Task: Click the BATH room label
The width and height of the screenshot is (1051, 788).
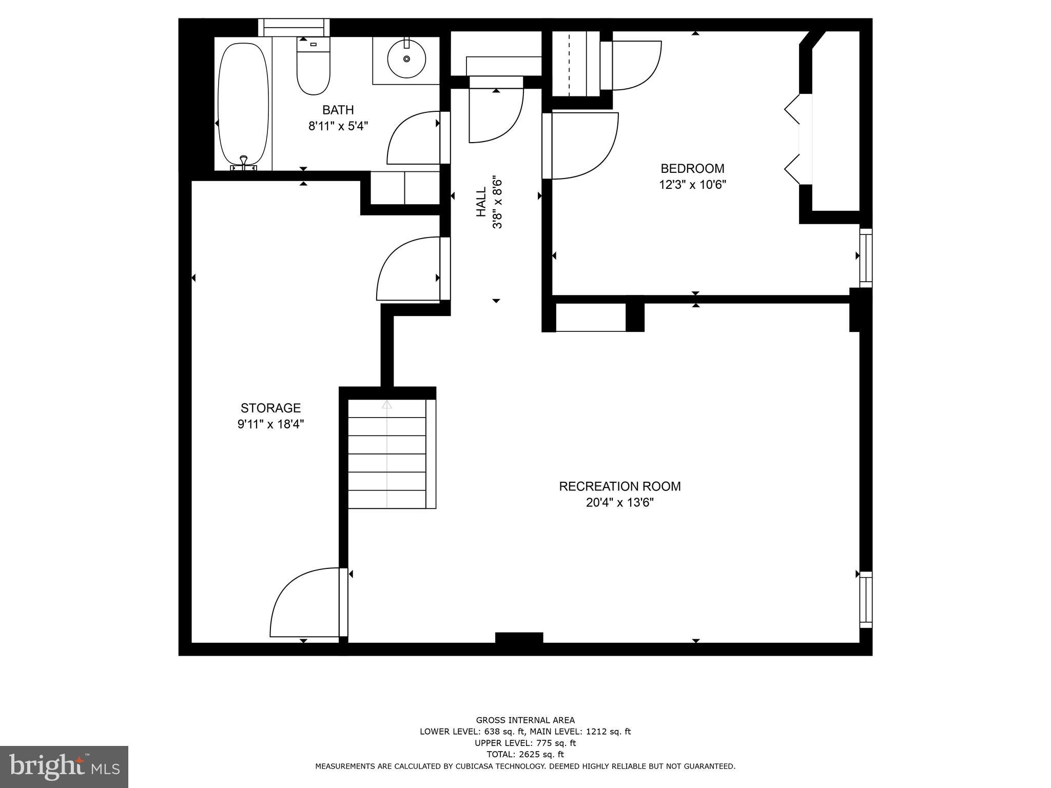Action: (338, 110)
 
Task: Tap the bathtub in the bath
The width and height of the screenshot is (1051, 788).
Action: (243, 105)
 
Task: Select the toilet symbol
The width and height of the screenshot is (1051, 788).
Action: (313, 69)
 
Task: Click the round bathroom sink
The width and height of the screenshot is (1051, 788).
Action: (406, 58)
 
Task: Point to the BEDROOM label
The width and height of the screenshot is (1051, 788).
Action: (692, 168)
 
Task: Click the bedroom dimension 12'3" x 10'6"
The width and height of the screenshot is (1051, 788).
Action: (692, 185)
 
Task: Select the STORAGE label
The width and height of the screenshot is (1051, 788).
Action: (270, 408)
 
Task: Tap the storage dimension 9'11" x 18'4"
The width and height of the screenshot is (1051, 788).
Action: (267, 424)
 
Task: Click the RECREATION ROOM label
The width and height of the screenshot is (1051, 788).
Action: (619, 486)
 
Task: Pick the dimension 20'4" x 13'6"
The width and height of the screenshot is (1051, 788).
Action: (619, 503)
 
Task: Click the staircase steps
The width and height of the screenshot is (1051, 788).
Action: (387, 454)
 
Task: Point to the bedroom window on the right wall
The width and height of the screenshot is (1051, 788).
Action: (866, 257)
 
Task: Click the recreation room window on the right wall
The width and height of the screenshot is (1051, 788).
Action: (866, 599)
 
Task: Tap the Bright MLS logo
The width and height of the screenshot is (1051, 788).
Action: (64, 766)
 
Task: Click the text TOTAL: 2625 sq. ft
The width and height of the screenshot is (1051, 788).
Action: (525, 754)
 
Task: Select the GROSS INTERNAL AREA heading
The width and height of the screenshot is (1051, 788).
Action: (525, 720)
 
